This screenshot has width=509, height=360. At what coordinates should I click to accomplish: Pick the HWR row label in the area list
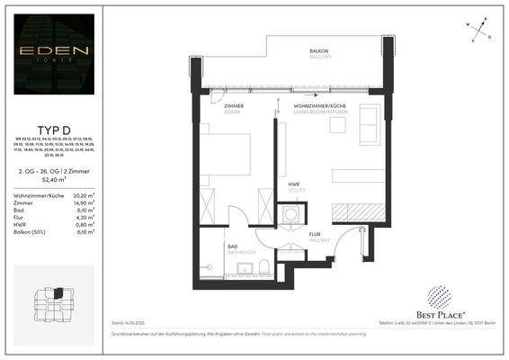tap(20, 224)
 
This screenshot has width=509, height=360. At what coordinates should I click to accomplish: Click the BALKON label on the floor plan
tap(319, 52)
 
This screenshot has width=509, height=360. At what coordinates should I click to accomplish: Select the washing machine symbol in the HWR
tap(291, 215)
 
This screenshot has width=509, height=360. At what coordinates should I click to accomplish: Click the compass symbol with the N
tap(480, 26)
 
